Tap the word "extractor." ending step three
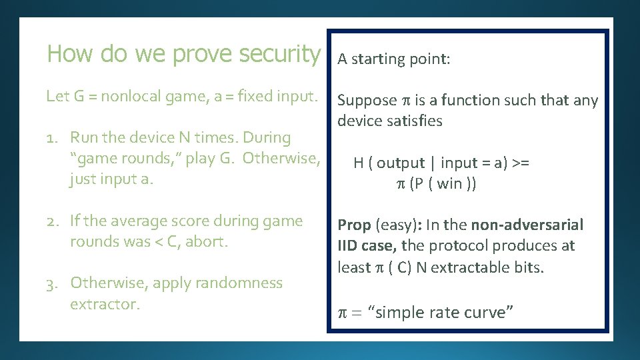coord(105,304)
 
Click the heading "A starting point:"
coord(394,59)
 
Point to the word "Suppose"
coord(367,101)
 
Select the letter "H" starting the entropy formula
coord(358,163)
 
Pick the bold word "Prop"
coord(353,225)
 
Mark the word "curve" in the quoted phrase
coord(487,313)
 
